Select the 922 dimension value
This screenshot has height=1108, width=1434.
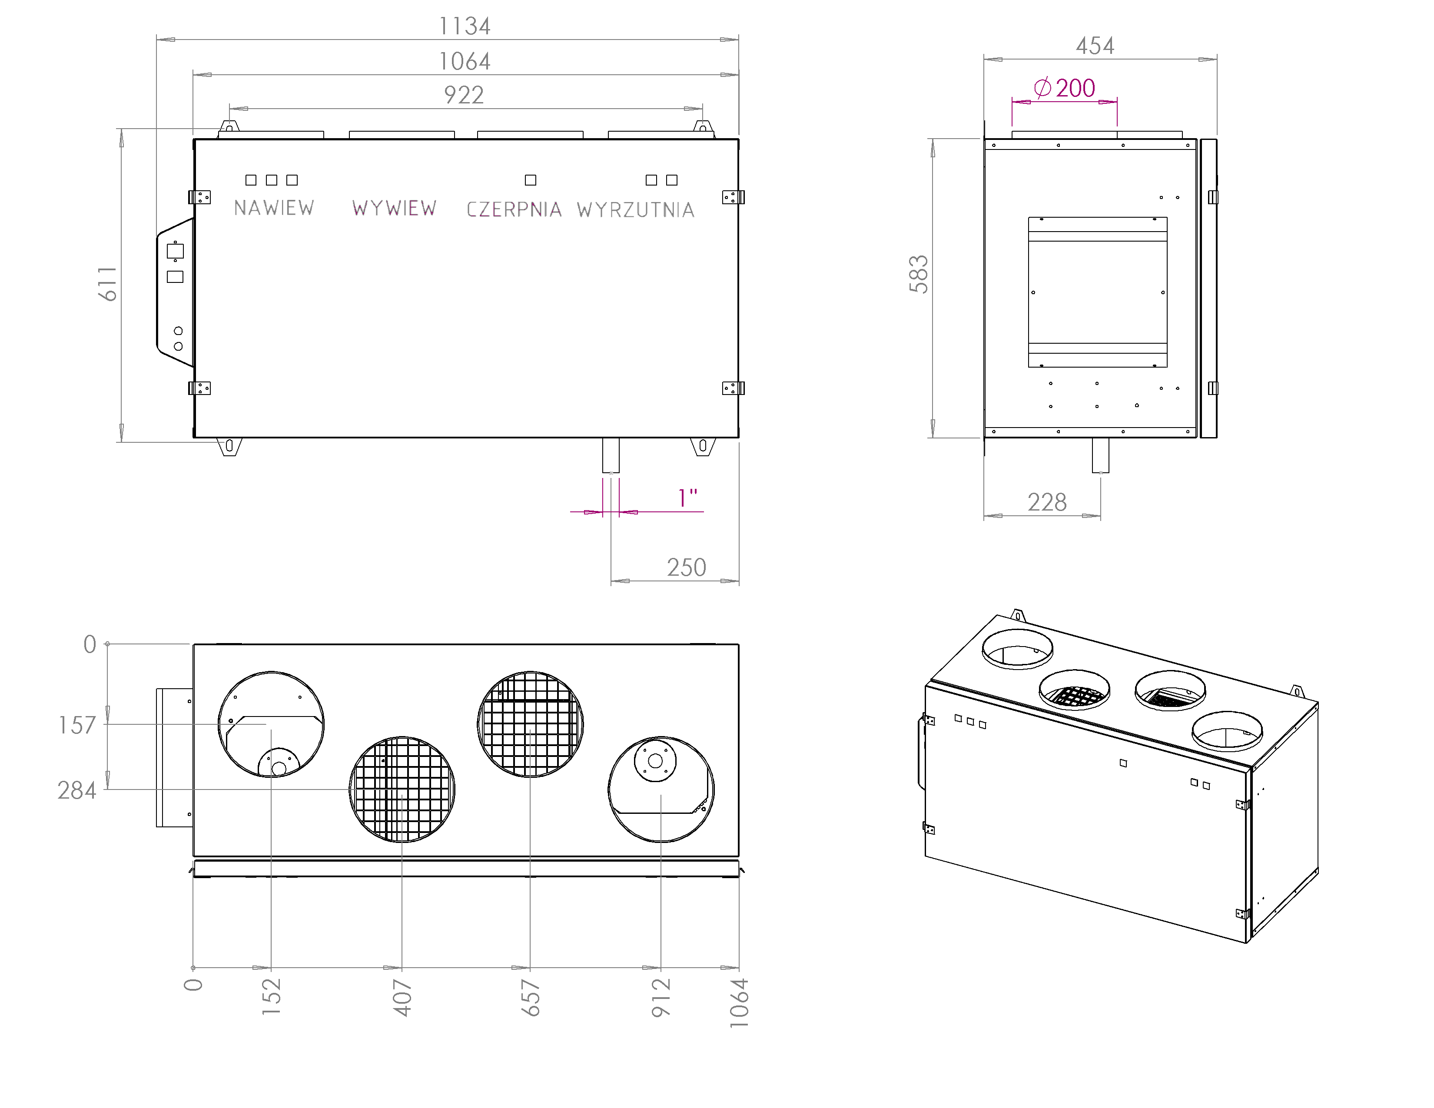[464, 95]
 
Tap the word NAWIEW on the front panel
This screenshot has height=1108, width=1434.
[274, 208]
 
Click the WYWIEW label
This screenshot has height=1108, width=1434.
[394, 208]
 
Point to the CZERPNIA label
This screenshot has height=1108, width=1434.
[514, 209]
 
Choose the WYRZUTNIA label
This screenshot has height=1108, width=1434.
[636, 210]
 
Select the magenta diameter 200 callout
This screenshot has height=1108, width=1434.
[1064, 88]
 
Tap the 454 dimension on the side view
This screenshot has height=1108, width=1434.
[1095, 46]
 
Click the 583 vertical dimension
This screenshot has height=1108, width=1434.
[919, 274]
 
